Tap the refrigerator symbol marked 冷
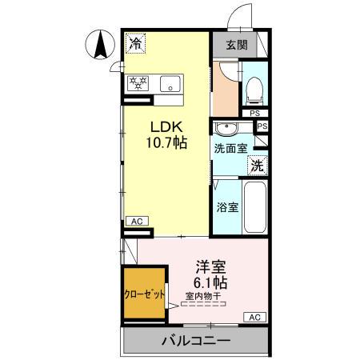(137, 43)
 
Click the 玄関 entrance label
(236, 45)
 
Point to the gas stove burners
(137, 82)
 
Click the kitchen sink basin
(171, 82)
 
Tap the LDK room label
(166, 126)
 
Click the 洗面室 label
(230, 149)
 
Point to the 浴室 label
(226, 207)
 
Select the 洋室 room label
(210, 268)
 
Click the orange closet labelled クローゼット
(145, 293)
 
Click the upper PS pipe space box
(254, 112)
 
